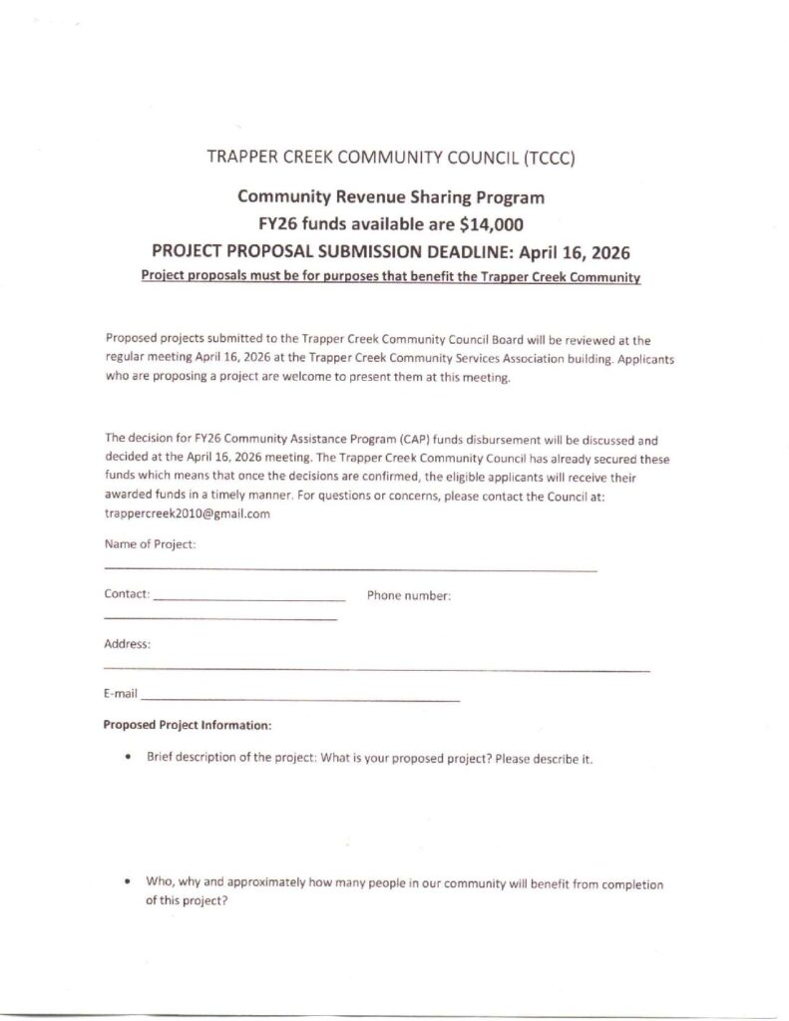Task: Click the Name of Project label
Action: [x=150, y=544]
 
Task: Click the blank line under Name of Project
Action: [x=349, y=570]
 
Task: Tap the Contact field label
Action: [x=127, y=595]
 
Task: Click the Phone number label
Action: [x=409, y=596]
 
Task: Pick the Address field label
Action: [x=127, y=644]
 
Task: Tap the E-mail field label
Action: [x=121, y=692]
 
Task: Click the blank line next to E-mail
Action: [x=299, y=700]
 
